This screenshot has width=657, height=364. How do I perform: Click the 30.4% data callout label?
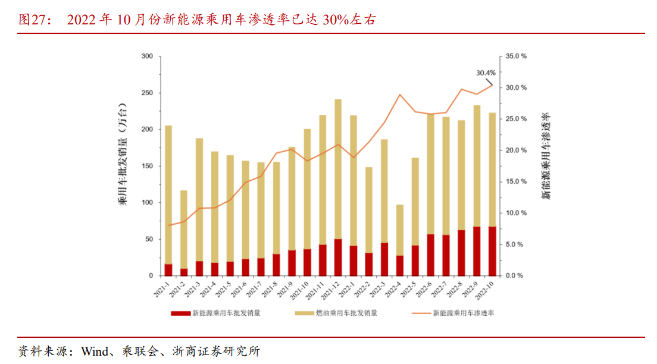[486, 73]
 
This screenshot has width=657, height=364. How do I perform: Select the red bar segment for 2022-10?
[492, 251]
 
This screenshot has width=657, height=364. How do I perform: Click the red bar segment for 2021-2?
[184, 272]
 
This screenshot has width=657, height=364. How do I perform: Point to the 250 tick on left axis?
[146, 93]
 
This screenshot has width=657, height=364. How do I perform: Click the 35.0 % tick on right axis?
[516, 57]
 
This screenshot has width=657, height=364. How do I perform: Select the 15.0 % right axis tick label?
[516, 181]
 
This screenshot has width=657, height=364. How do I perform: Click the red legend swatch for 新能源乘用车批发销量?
[180, 313]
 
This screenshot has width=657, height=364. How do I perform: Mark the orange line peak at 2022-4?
[400, 95]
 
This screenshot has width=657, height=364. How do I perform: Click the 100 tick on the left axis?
[146, 202]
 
